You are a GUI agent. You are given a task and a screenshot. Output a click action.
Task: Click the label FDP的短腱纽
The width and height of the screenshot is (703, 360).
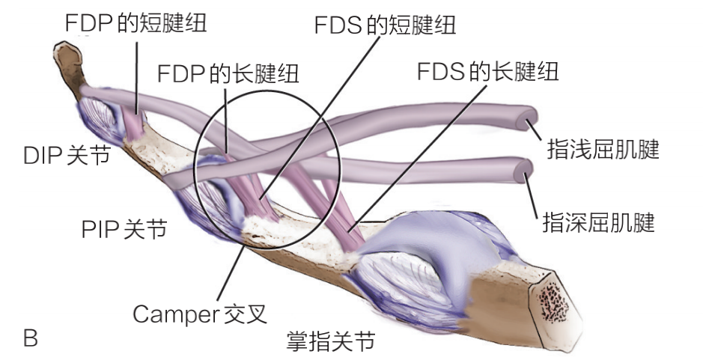136,23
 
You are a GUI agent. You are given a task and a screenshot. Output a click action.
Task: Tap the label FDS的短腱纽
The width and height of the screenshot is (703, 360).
385,25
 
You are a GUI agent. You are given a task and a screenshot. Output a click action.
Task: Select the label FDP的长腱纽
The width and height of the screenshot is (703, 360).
228,73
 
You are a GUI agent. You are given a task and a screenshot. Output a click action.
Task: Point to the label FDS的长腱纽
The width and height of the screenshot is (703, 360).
488,71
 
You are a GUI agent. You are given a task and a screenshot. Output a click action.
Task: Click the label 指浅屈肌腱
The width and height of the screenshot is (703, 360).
603,149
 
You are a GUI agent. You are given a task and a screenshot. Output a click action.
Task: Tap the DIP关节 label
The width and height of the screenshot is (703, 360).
67,156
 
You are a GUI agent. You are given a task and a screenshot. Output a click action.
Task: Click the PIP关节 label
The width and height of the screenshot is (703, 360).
124,229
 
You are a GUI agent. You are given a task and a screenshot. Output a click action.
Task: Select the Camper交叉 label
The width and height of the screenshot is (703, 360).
200,314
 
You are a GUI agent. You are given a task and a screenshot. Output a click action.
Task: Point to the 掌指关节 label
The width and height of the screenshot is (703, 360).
330,341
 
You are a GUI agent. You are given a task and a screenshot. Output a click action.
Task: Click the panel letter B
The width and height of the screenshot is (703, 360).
31,338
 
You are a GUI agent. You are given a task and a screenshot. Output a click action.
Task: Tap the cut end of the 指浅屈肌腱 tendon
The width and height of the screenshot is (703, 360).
527,118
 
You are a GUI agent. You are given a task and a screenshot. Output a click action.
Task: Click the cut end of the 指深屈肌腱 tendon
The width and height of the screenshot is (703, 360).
523,171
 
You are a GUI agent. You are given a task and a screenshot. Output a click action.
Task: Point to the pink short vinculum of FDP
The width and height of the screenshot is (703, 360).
133,123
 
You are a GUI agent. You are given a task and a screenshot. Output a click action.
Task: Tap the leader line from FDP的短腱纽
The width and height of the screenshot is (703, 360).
137,76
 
